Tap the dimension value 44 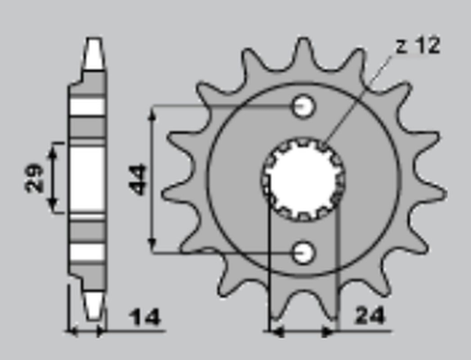pos(139,179)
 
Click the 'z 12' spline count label pos(417,45)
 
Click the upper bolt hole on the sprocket pos(303,107)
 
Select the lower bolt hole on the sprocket pos(303,250)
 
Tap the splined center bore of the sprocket pos(303,178)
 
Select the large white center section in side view pos(87,178)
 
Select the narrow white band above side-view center pos(87,105)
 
